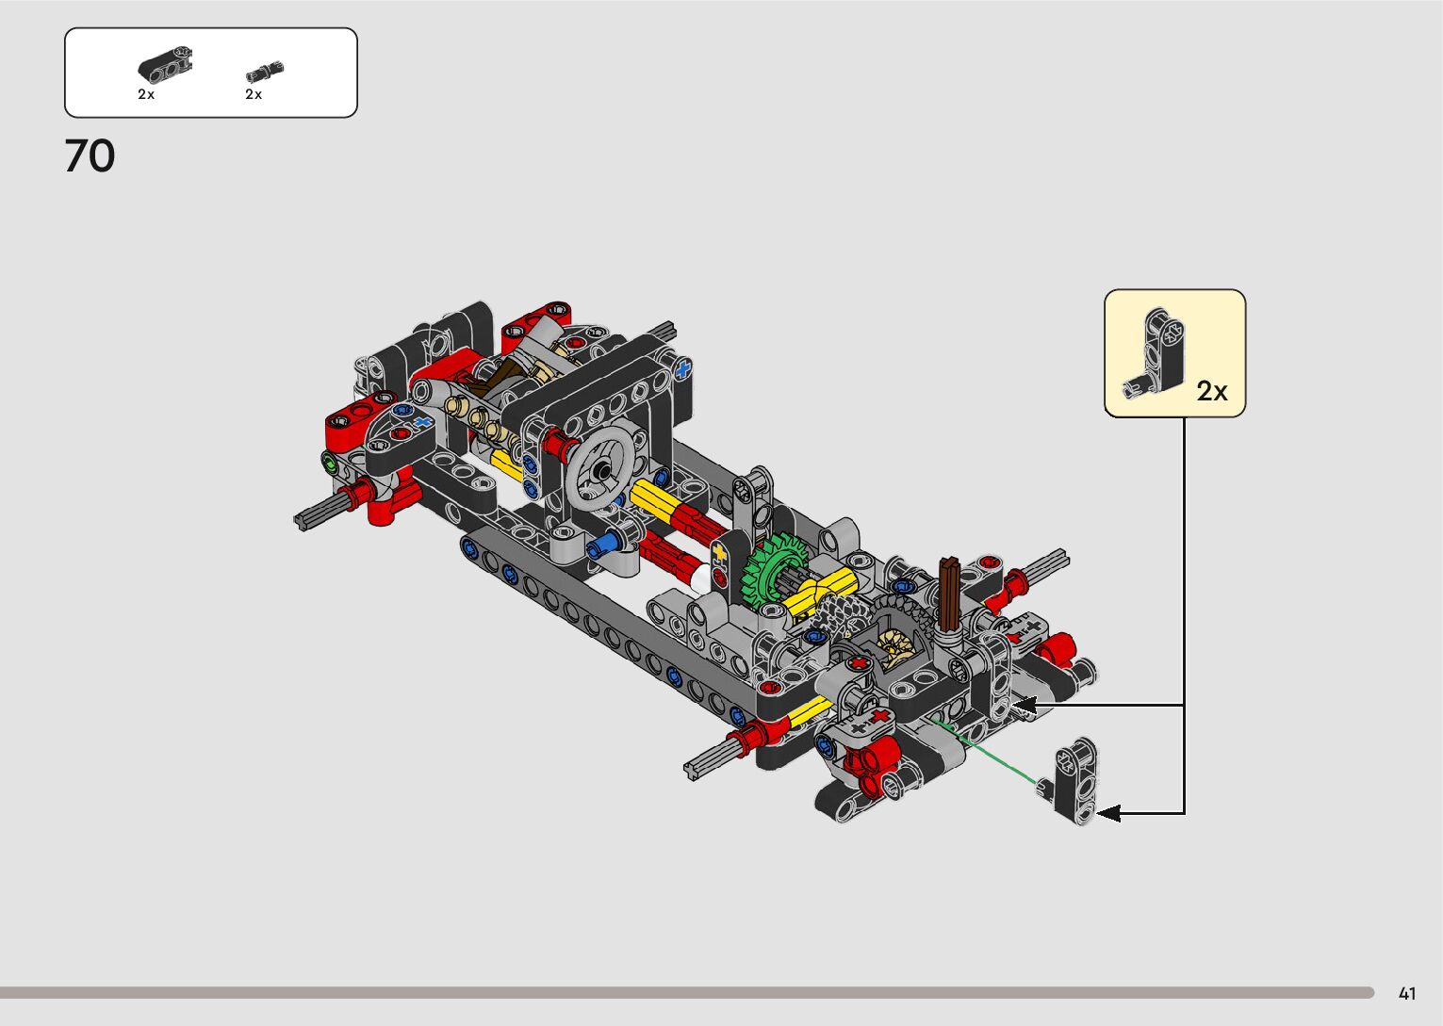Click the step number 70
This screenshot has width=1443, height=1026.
(90, 155)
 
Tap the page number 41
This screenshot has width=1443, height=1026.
(1407, 993)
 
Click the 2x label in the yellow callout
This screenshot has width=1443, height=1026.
(1212, 391)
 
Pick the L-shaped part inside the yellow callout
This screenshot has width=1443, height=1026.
(1157, 355)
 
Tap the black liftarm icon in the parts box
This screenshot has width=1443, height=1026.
(165, 66)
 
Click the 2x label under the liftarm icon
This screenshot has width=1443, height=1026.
(146, 94)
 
